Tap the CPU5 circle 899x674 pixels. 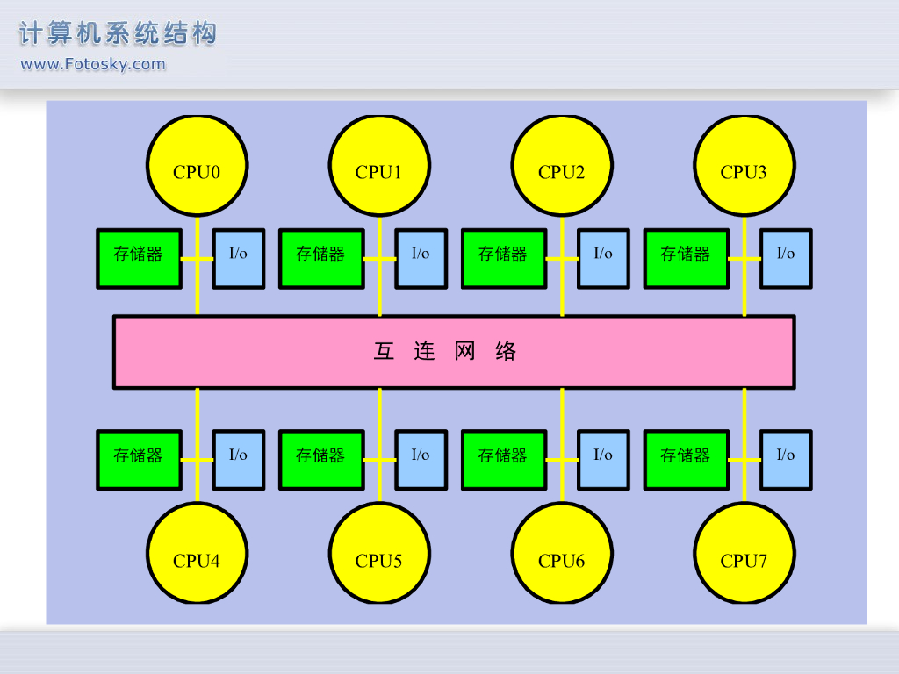pyautogui.click(x=379, y=553)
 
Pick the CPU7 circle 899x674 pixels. pyautogui.click(x=744, y=553)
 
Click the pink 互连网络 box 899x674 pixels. pyautogui.click(x=454, y=352)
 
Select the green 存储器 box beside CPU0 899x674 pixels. pyautogui.click(x=139, y=259)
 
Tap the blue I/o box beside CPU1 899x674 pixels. pyautogui.click(x=421, y=259)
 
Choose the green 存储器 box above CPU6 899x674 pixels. pyautogui.click(x=504, y=460)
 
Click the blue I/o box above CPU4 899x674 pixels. pyautogui.click(x=239, y=460)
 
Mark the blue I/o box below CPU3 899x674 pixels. pyautogui.click(x=786, y=259)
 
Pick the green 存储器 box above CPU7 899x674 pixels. pyautogui.click(x=687, y=460)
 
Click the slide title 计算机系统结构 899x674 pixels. pyautogui.click(x=118, y=34)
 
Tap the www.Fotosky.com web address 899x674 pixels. pyautogui.click(x=93, y=64)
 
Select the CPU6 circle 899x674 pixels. pyautogui.click(x=562, y=553)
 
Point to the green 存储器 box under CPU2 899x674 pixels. pyautogui.click(x=504, y=259)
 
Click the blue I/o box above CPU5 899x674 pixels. pyautogui.click(x=421, y=460)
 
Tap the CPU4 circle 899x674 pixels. pyautogui.click(x=197, y=553)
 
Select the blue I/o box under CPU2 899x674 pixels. pyautogui.click(x=603, y=259)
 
